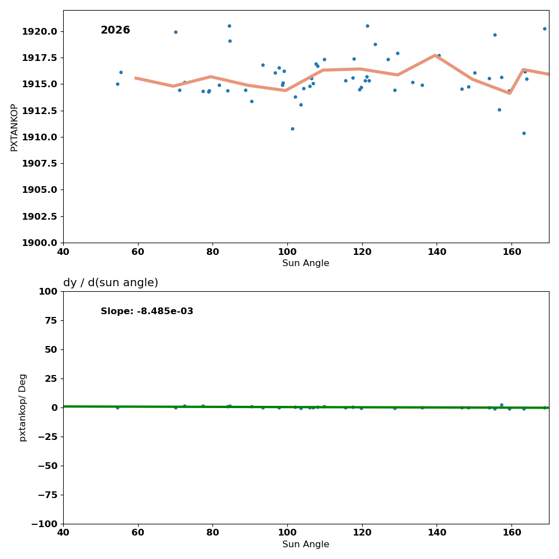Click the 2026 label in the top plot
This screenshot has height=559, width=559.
pyautogui.click(x=115, y=30)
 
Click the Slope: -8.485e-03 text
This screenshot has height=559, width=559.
pyautogui.click(x=147, y=311)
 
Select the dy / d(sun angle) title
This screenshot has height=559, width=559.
pyautogui.click(x=111, y=283)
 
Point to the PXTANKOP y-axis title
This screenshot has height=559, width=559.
pyautogui.click(x=15, y=127)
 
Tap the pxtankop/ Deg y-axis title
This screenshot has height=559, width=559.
pyautogui.click(x=23, y=408)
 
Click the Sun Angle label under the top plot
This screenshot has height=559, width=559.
pyautogui.click(x=306, y=263)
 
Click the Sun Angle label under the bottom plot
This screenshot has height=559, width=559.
pyautogui.click(x=306, y=544)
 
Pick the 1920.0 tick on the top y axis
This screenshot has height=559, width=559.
pyautogui.click(x=39, y=31)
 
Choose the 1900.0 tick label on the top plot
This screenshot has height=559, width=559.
pyautogui.click(x=39, y=243)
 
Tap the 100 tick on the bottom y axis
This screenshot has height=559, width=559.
pyautogui.click(x=48, y=291)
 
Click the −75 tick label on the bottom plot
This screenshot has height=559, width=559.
pyautogui.click(x=45, y=495)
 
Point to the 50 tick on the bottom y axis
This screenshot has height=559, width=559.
pyautogui.click(x=50, y=349)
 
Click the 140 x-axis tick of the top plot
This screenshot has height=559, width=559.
pyautogui.click(x=437, y=252)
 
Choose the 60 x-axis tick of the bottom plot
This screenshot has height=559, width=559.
pyautogui.click(x=138, y=533)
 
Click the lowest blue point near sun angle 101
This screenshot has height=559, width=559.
pyautogui.click(x=292, y=129)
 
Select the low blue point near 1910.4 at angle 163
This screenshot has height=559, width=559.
pyautogui.click(x=524, y=133)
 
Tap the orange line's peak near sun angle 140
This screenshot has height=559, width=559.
pyautogui.click(x=435, y=55)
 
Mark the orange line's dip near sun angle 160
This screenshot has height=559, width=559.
pyautogui.click(x=509, y=93)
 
